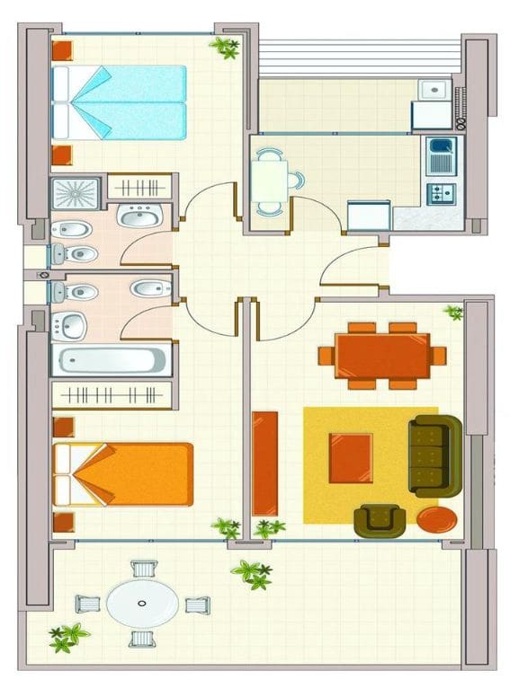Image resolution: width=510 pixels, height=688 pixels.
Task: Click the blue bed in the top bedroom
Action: (119, 101)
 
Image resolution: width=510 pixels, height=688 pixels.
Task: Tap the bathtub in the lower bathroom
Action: (109, 361)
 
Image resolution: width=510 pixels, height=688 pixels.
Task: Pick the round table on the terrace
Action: (142, 603)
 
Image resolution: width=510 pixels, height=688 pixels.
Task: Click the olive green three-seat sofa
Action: (434, 455)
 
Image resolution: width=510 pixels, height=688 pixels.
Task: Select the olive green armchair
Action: (379, 520)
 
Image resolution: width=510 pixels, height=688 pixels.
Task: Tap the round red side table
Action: (435, 519)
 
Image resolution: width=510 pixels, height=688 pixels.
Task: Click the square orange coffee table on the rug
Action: (350, 456)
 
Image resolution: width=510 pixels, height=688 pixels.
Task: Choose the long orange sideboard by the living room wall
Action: (264, 462)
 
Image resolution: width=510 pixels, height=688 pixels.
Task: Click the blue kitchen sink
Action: (442, 155)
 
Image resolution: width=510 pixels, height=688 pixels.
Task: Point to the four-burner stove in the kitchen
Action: (441, 193)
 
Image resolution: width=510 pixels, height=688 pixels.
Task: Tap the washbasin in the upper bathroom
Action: (139, 216)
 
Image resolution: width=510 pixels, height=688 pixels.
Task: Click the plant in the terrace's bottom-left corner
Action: (67, 636)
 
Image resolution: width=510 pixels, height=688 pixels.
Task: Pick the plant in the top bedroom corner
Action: (225, 48)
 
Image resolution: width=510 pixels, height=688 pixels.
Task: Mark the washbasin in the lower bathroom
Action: (70, 325)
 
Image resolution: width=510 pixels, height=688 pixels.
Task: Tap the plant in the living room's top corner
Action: (453, 313)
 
